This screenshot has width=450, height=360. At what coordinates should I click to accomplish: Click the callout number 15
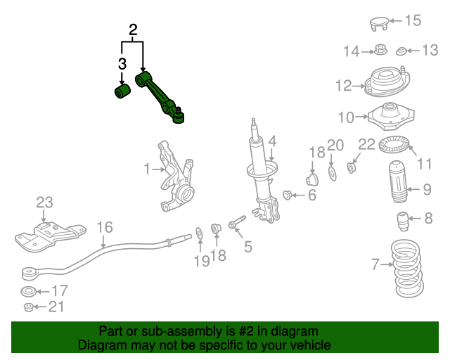[413, 20]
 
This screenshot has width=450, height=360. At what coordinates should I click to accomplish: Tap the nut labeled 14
[380, 50]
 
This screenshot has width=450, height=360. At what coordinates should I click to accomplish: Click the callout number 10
[347, 117]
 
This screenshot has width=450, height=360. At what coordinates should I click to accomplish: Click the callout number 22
[368, 145]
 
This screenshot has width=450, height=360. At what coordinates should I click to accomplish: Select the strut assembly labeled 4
[260, 176]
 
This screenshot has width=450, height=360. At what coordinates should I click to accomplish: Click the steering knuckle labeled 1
[174, 179]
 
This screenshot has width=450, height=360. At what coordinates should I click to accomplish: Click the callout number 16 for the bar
[104, 227]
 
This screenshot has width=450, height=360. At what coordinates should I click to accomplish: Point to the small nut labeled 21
[29, 307]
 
